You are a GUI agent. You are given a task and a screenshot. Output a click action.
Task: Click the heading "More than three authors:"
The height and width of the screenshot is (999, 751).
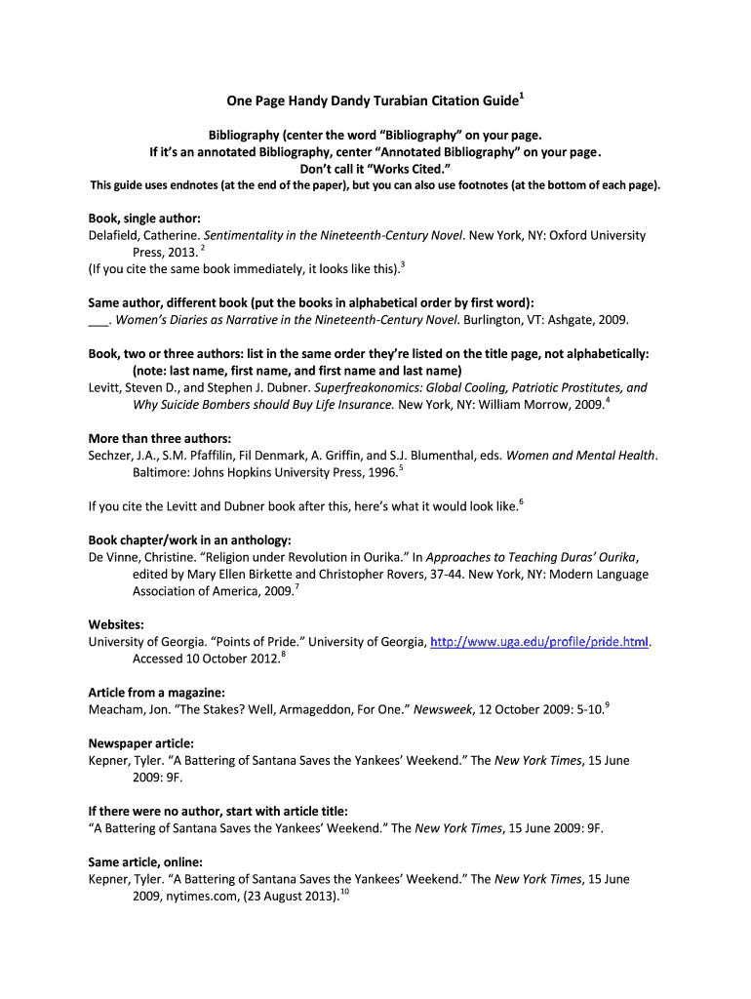coord(159,438)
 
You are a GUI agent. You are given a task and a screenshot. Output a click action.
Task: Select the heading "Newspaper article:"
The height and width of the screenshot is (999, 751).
coord(140,743)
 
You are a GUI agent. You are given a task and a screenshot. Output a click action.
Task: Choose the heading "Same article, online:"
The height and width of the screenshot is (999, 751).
coord(145,861)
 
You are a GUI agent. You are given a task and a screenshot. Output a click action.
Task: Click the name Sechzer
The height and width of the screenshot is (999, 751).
coord(111,456)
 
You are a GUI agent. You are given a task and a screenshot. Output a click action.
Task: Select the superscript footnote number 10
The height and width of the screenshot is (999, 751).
coord(344,891)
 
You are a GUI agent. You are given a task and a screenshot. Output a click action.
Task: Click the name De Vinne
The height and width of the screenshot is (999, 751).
coord(114,557)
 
